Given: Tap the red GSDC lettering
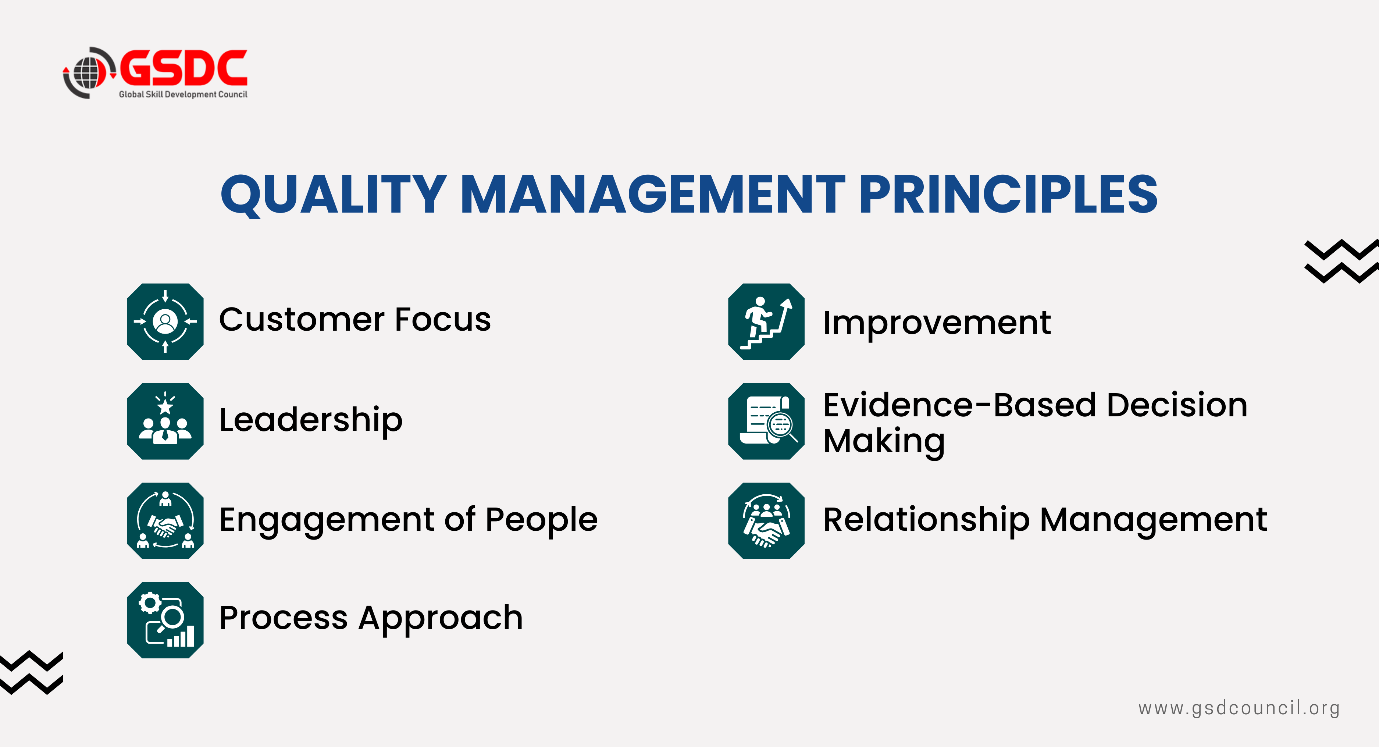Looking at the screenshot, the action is click(183, 68).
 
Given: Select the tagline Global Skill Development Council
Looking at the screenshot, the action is click(183, 94).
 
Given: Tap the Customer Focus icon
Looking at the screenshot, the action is click(165, 321).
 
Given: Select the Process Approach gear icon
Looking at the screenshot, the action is click(165, 620).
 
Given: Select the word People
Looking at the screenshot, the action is click(541, 520).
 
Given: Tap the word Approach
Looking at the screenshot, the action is click(441, 619).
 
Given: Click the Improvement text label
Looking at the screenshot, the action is click(937, 323).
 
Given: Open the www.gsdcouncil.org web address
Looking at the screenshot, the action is click(1239, 708).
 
